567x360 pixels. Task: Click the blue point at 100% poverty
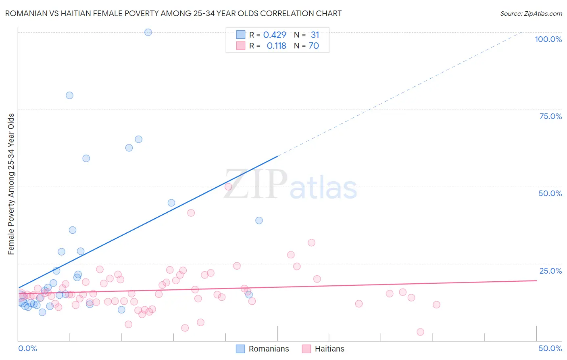(x=148, y=32)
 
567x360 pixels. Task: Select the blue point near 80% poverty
(x=69, y=95)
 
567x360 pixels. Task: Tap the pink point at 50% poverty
(x=228, y=186)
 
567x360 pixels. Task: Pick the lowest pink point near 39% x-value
(x=420, y=332)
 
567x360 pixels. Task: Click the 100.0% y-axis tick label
(x=548, y=39)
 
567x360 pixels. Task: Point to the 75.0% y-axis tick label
(x=550, y=116)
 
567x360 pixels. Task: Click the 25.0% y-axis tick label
(x=550, y=271)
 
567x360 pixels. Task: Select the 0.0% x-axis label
(x=27, y=348)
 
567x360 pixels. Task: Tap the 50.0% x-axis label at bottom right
(x=550, y=348)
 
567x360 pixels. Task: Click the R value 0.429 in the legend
(x=275, y=35)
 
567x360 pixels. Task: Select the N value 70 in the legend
(x=314, y=46)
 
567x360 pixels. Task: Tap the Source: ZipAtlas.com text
(x=531, y=13)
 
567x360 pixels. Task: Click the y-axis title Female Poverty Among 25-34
(x=11, y=184)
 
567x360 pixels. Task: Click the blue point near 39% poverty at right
(x=259, y=220)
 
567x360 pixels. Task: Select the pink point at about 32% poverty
(x=311, y=243)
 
